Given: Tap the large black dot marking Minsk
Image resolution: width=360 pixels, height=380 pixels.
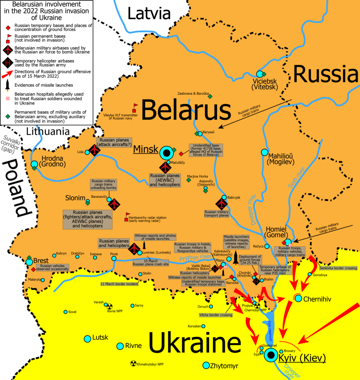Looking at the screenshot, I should pyautogui.click(x=167, y=153).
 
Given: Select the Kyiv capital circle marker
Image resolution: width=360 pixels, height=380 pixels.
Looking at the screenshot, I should pyautogui.click(x=271, y=355).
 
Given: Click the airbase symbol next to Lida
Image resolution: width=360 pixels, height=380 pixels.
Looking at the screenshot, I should pyautogui.click(x=95, y=150).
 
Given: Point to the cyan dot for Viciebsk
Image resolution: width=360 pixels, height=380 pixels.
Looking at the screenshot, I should pyautogui.click(x=260, y=74).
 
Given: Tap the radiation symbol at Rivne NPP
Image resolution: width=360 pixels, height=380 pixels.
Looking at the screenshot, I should pyautogui.click(x=109, y=307).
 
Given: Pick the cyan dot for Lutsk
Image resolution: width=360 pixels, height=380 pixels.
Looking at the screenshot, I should pyautogui.click(x=87, y=339).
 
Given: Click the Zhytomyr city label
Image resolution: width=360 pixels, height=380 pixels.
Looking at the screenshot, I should pyautogui.click(x=224, y=366).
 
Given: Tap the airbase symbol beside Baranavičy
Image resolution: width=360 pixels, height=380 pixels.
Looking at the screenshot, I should pyautogui.click(x=115, y=204).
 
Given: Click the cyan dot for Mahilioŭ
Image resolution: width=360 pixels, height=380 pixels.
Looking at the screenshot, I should pyautogui.click(x=264, y=152).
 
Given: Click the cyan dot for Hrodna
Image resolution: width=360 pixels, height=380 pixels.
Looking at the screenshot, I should pyautogui.click(x=34, y=164).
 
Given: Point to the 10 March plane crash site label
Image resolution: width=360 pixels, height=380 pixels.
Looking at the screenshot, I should pyautogui.click(x=151, y=263).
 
